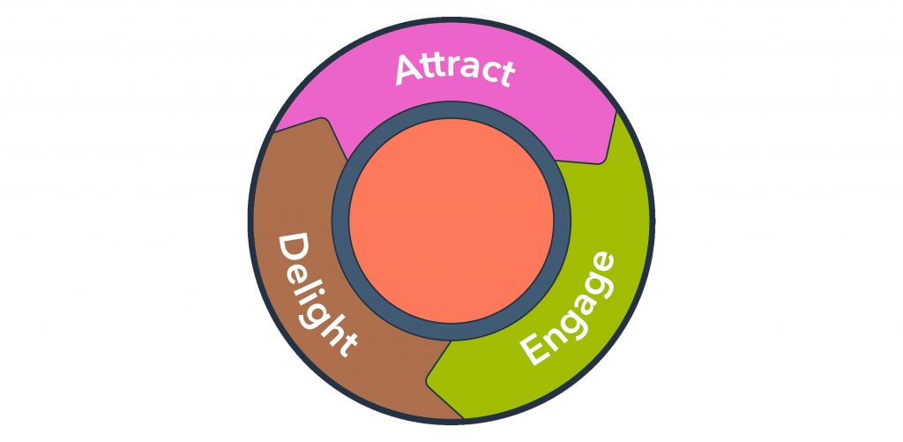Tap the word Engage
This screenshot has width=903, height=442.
tap(566, 308)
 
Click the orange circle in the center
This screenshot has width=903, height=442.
tap(451, 221)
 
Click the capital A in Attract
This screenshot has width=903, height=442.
tap(408, 70)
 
